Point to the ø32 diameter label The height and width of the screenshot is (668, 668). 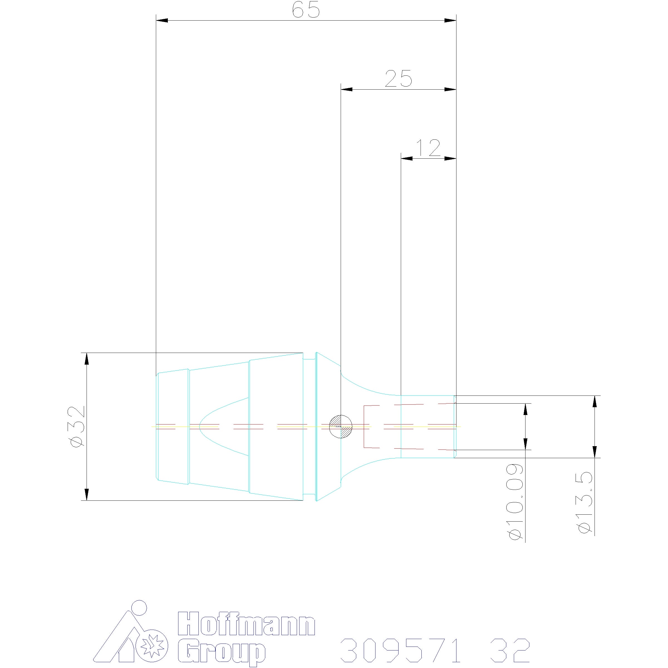[x=77, y=426]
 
